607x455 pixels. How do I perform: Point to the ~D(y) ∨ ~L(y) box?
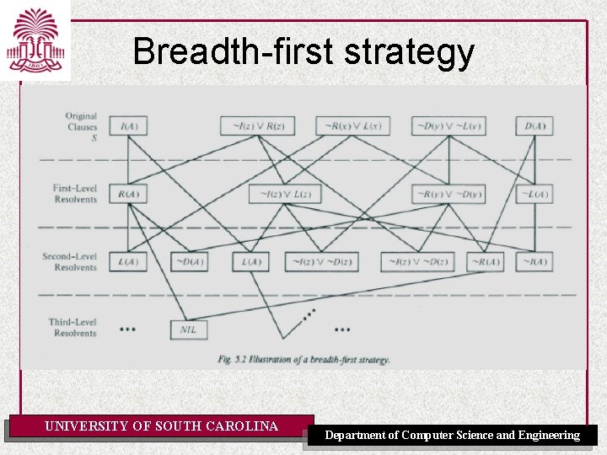449,126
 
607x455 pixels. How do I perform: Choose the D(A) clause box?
534,126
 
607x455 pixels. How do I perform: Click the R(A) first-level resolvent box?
129,195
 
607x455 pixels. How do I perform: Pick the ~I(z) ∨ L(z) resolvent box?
287,195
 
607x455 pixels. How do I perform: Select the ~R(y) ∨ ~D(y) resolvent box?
449,195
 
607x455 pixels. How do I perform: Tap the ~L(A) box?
534,195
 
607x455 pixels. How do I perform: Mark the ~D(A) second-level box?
190,261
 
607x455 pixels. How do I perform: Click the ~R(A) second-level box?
485,261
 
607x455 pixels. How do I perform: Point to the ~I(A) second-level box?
534,261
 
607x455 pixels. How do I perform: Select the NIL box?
188,329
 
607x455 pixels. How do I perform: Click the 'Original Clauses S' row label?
81,126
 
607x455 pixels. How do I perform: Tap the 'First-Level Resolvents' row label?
76,194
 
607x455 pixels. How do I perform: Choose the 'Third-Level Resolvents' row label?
76,328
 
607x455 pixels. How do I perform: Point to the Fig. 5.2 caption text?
303,360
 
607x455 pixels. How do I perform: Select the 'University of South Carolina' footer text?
161,426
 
